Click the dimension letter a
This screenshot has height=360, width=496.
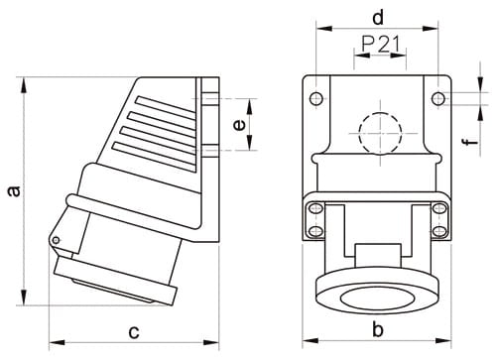coord(14,191)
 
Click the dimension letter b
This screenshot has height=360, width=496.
coord(377,329)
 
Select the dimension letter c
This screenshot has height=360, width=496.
coord(134,332)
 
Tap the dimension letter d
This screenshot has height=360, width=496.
coord(378,18)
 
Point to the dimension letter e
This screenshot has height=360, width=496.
coord(239,125)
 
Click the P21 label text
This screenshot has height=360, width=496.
coord(380,44)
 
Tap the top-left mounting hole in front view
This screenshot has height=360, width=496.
coord(316,98)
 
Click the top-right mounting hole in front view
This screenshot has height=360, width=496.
coord(438,98)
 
